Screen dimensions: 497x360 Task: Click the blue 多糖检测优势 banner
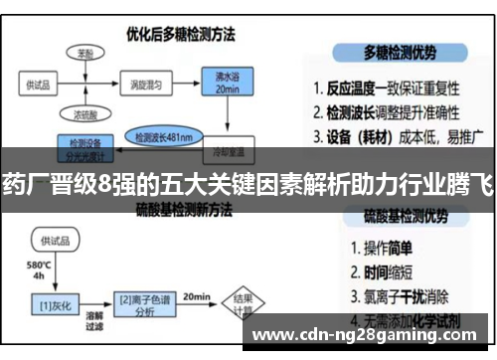pos(403,52)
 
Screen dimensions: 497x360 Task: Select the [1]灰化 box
pos(50,299)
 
